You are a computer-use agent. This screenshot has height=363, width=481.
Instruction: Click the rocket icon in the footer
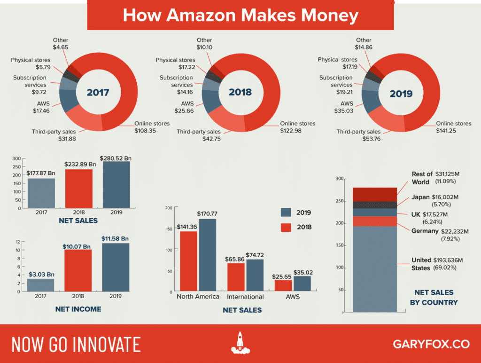[240, 343]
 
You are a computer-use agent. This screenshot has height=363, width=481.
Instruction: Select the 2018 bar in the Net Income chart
[78, 270]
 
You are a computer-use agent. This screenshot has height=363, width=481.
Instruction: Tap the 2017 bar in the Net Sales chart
[41, 193]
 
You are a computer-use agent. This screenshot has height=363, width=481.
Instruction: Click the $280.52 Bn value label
[116, 158]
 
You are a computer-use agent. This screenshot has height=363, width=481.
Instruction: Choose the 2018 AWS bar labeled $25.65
[283, 285]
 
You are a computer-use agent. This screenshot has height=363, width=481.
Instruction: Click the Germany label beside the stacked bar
[425, 231]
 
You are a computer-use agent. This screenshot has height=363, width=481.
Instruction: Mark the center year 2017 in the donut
[98, 92]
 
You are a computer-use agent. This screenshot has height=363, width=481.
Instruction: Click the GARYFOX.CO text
[431, 344]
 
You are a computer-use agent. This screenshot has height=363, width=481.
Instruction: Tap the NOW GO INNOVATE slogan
[76, 344]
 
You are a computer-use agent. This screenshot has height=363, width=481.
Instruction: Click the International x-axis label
[245, 297]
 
